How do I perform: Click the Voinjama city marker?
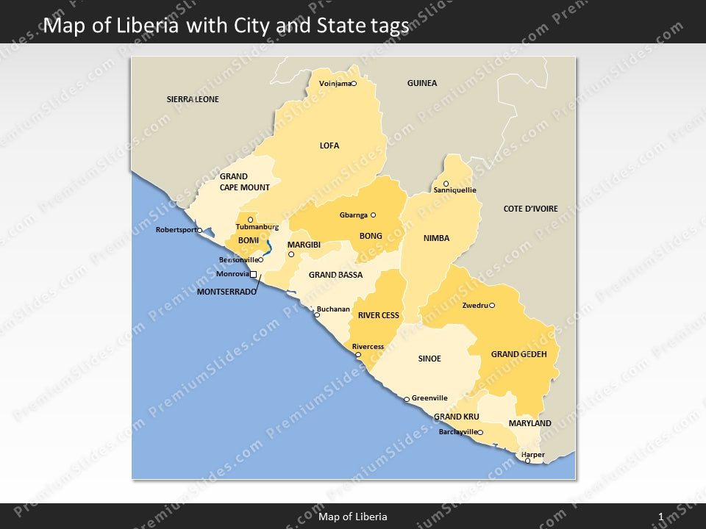pyautogui.click(x=353, y=84)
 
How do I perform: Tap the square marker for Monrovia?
pyautogui.click(x=254, y=274)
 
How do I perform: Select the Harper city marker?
pyautogui.click(x=527, y=461)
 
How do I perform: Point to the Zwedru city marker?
pyautogui.click(x=492, y=306)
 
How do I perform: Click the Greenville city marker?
pyautogui.click(x=407, y=400)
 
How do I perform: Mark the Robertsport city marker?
pyautogui.click(x=199, y=230)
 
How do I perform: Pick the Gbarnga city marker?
pyautogui.click(x=373, y=215)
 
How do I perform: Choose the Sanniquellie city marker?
pyautogui.click(x=446, y=184)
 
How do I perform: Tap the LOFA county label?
pyautogui.click(x=329, y=145)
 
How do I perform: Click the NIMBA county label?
pyautogui.click(x=436, y=238)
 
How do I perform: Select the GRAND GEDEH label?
pyautogui.click(x=519, y=354)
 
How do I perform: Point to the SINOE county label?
pyautogui.click(x=429, y=359)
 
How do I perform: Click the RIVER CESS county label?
pyautogui.click(x=379, y=315)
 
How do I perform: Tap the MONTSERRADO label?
pyautogui.click(x=227, y=292)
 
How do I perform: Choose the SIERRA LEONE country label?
pyautogui.click(x=193, y=99)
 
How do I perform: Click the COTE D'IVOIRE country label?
pyautogui.click(x=530, y=209)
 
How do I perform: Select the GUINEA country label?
pyautogui.click(x=422, y=83)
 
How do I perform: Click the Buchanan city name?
pyautogui.click(x=333, y=309)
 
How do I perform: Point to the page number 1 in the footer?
pyautogui.click(x=661, y=517)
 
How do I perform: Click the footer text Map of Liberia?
pyautogui.click(x=353, y=517)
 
